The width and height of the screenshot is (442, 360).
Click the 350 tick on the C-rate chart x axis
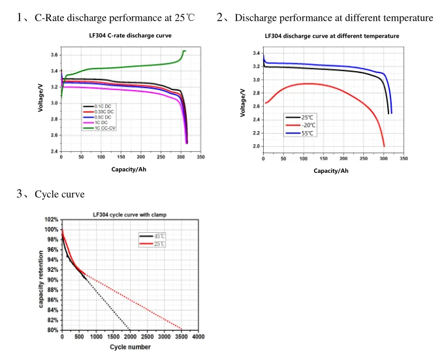pos(200,157)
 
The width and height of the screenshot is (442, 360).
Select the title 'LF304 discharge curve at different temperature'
pos(332,36)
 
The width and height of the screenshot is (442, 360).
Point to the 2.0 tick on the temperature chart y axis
pos(256,147)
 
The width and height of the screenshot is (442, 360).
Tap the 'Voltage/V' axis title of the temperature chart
pos(243,102)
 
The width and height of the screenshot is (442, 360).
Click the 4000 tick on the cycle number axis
pos(198,337)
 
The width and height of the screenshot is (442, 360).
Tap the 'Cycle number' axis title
pos(130,347)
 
